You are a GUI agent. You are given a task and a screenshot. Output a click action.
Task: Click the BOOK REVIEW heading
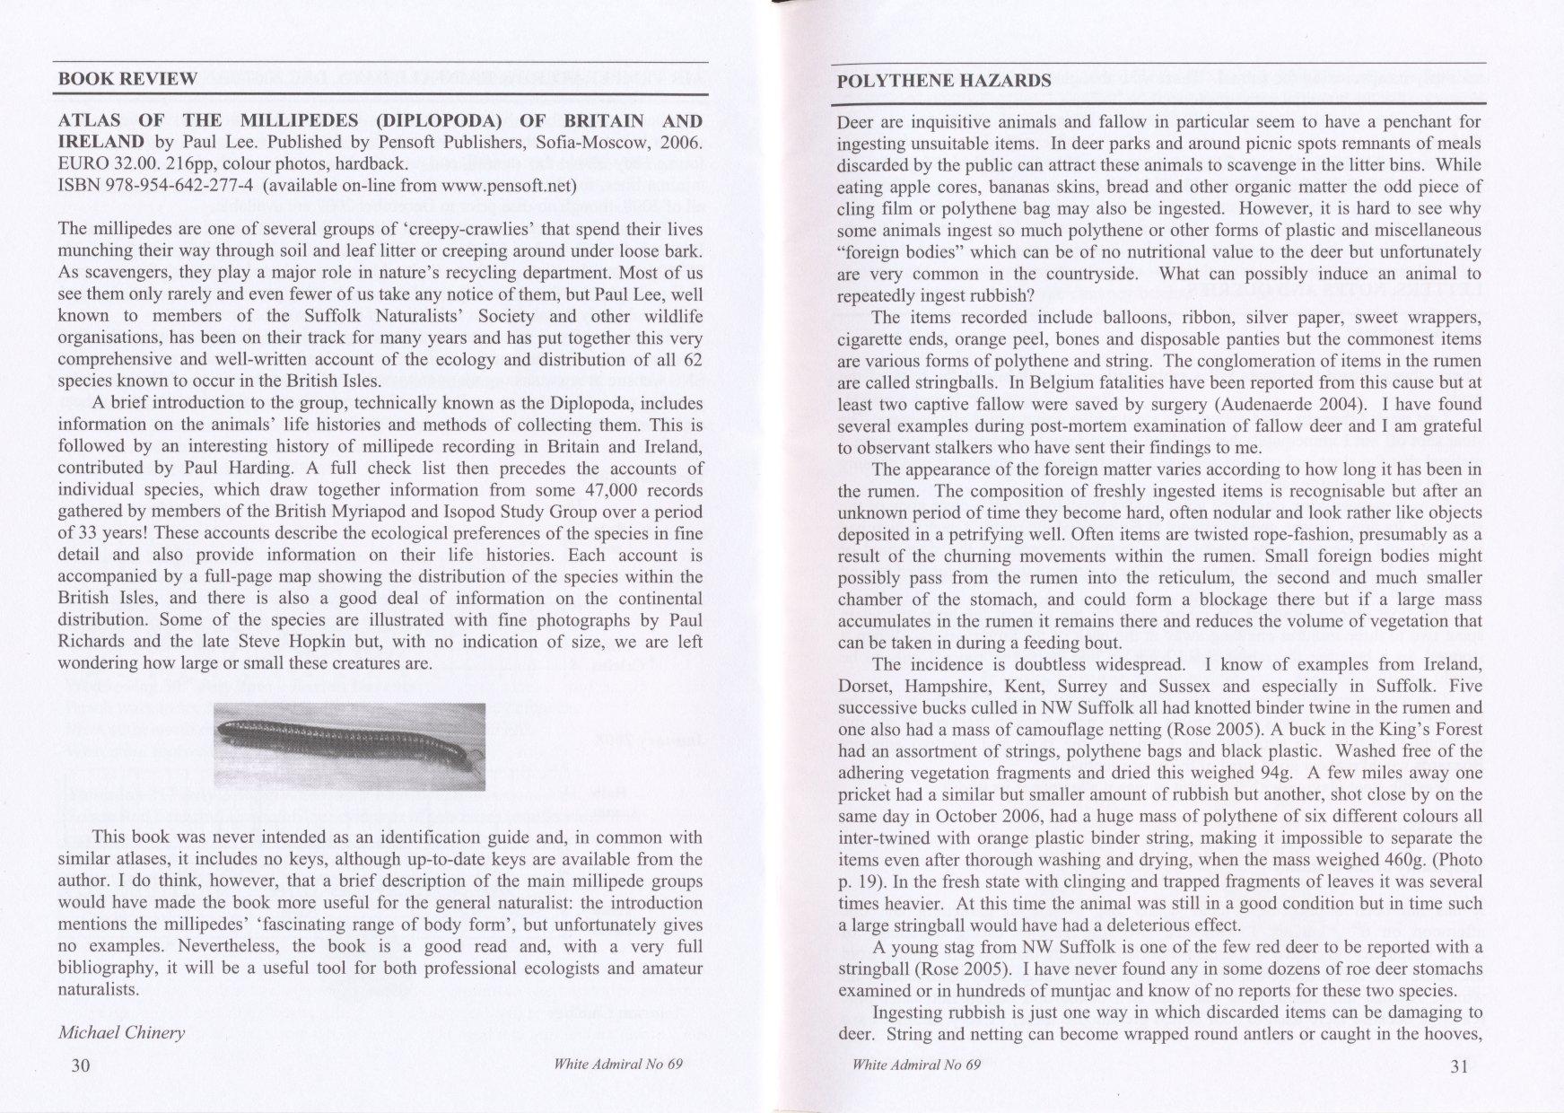tap(127, 78)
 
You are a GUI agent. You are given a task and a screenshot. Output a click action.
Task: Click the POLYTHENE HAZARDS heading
tap(943, 80)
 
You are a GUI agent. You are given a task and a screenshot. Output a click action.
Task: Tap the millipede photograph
tap(350, 746)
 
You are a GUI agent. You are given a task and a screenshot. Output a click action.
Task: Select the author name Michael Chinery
tap(121, 1032)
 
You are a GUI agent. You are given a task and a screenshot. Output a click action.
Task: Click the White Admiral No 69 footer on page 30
tap(619, 1065)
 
